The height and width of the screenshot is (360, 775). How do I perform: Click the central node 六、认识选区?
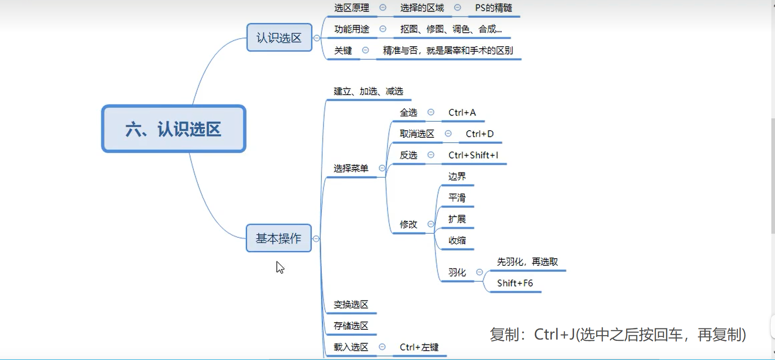coord(173,129)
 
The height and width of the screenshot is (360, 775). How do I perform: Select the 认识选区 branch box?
coord(279,38)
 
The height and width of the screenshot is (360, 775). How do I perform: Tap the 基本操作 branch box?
coord(279,238)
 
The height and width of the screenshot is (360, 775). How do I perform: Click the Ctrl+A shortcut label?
coord(462,112)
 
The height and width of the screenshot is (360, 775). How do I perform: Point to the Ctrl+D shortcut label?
coord(479,134)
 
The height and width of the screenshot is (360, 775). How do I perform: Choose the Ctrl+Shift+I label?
coord(473,155)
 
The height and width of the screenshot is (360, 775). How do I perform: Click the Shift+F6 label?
coord(514,283)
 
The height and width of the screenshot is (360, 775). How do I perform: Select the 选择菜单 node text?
coord(351,168)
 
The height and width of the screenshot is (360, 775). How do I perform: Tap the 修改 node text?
coord(408,224)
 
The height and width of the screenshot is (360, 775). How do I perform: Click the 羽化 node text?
coord(457,272)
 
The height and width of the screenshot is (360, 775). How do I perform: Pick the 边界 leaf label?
coord(457,176)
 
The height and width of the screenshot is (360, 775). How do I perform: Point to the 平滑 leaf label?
coord(457,198)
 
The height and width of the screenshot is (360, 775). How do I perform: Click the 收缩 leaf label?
coord(457,240)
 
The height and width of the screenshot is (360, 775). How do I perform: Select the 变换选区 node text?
coord(351,304)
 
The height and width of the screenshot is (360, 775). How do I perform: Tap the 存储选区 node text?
coord(351,326)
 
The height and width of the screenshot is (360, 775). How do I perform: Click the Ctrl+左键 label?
coord(419,347)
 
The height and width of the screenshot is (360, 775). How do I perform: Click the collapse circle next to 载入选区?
coord(382,347)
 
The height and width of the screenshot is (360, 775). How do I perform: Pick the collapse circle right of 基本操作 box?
coord(316,239)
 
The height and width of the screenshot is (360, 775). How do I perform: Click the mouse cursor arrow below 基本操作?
coord(280,267)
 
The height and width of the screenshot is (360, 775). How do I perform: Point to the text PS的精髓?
coord(493,8)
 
